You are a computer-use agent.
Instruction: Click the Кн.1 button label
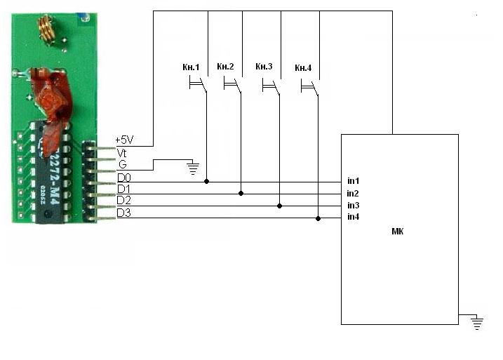pyautogui.click(x=191, y=67)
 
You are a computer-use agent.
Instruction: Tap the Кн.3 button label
pyautogui.click(x=264, y=67)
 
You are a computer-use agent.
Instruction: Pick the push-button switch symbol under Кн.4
pyautogui.click(x=310, y=86)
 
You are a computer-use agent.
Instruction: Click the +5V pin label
pyautogui.click(x=124, y=140)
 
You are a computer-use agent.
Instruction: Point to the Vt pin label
pyautogui.click(x=121, y=153)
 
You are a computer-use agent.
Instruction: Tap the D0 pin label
pyautogui.click(x=124, y=178)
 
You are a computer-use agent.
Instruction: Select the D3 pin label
pyautogui.click(x=124, y=213)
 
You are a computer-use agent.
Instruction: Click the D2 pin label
pyautogui.click(x=124, y=201)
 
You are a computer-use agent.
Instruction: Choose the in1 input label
pyautogui.click(x=353, y=181)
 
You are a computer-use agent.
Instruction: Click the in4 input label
pyautogui.click(x=353, y=217)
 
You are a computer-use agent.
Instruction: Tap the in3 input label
pyautogui.click(x=353, y=206)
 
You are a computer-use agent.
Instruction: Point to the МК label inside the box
pyautogui.click(x=398, y=232)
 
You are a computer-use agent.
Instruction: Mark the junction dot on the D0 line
pyautogui.click(x=206, y=181)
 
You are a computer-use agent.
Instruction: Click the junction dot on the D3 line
pyautogui.click(x=318, y=218)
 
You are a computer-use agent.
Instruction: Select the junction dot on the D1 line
pyautogui.click(x=241, y=193)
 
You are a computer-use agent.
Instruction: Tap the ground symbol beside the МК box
pyautogui.click(x=477, y=323)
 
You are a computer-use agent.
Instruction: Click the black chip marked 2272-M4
pyautogui.click(x=49, y=173)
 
